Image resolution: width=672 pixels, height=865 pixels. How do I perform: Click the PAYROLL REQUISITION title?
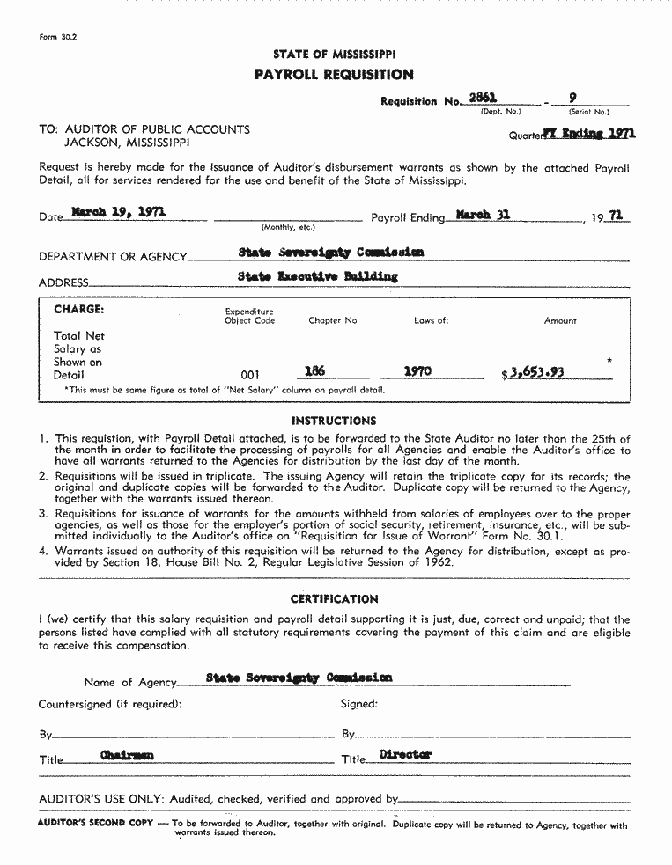tap(334, 75)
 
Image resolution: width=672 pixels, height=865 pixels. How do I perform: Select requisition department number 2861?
tap(483, 99)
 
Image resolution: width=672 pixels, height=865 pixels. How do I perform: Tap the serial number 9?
tap(573, 99)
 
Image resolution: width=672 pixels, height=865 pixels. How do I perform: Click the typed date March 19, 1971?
tap(118, 212)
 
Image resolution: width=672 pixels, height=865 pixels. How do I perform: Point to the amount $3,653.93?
tap(534, 373)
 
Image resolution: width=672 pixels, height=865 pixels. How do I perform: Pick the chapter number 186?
tap(314, 371)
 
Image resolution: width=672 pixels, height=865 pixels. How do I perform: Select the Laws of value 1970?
tap(417, 371)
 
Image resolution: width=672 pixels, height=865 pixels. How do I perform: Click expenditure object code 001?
tap(251, 375)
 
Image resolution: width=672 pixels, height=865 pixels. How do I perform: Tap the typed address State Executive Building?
tap(318, 276)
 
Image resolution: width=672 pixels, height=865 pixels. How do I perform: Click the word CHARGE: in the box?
tap(79, 310)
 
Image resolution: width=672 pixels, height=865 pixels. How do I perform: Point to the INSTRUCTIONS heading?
tap(334, 421)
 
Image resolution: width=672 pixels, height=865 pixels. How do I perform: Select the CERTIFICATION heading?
tap(334, 599)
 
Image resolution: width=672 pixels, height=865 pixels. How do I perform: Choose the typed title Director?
tap(405, 755)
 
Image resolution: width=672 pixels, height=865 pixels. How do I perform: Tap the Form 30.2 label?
tap(58, 38)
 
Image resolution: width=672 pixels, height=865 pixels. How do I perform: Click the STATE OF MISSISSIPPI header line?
tap(334, 55)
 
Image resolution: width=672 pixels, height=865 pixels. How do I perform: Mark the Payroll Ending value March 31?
tap(484, 214)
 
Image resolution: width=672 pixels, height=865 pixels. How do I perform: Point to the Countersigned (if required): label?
tap(110, 704)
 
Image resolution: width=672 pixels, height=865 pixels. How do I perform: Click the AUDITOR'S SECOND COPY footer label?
tap(95, 825)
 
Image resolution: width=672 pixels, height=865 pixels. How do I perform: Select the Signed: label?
tap(358, 704)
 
